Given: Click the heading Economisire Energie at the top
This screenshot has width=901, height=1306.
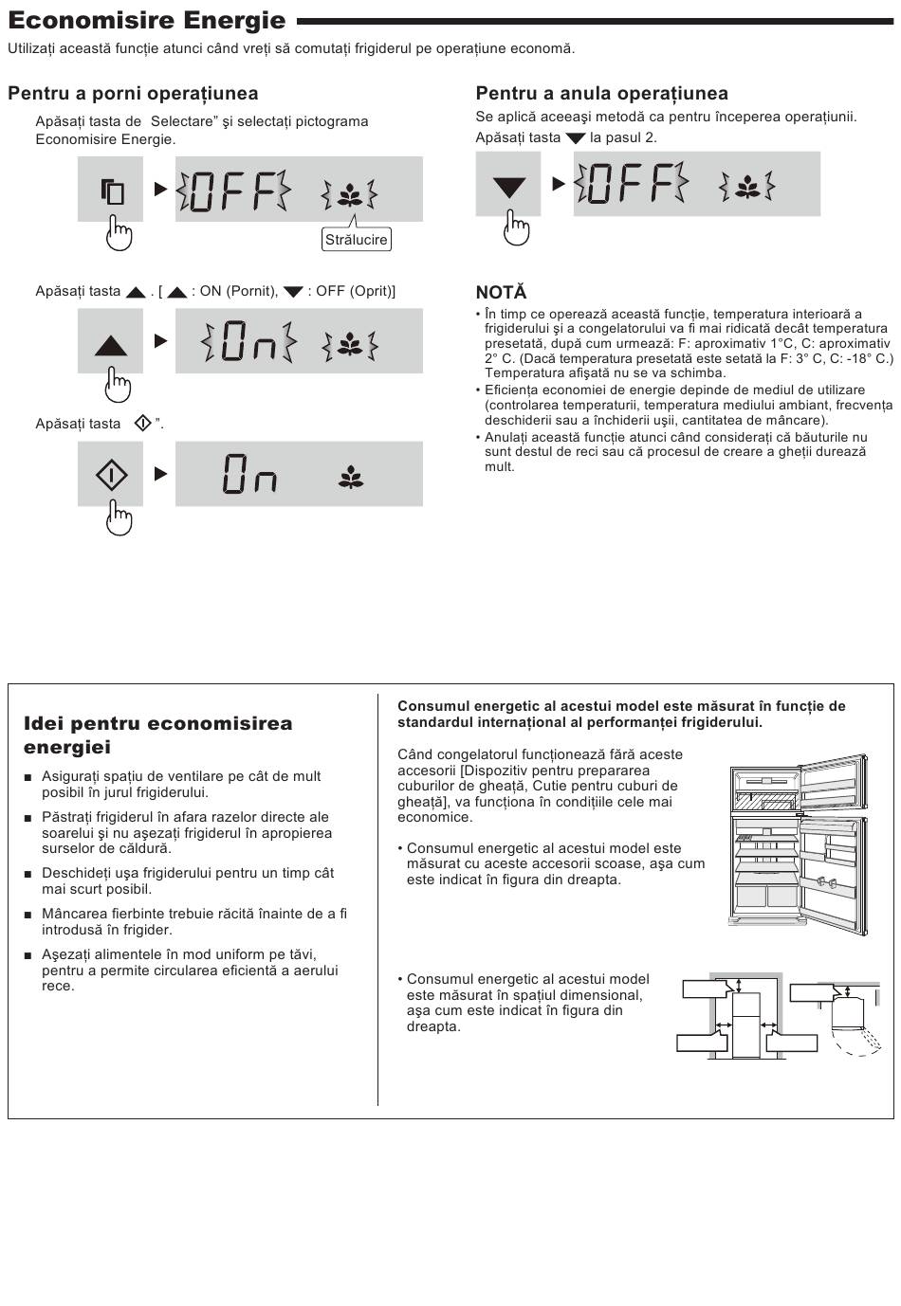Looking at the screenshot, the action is click(146, 21).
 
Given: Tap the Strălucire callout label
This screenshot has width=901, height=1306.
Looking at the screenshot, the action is click(356, 240).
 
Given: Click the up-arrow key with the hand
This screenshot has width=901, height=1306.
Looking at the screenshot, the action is click(110, 340).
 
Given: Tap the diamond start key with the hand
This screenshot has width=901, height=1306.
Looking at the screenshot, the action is click(110, 474).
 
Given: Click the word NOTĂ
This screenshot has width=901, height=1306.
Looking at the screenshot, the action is click(502, 292).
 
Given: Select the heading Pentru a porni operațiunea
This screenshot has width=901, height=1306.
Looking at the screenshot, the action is click(133, 93).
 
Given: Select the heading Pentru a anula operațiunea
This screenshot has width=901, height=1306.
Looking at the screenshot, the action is click(601, 93).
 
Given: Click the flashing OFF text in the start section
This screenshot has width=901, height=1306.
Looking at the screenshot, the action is click(233, 190).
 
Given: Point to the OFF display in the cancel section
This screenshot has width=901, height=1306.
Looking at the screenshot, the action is click(632, 184).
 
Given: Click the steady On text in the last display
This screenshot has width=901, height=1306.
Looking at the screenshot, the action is click(249, 474).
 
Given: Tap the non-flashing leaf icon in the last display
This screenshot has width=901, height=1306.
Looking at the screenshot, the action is click(351, 477).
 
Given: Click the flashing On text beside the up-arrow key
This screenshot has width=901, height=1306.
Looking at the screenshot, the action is click(248, 341).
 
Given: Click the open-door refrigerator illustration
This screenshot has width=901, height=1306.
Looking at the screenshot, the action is click(799, 844).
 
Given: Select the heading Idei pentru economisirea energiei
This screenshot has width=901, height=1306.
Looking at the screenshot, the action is click(158, 735).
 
